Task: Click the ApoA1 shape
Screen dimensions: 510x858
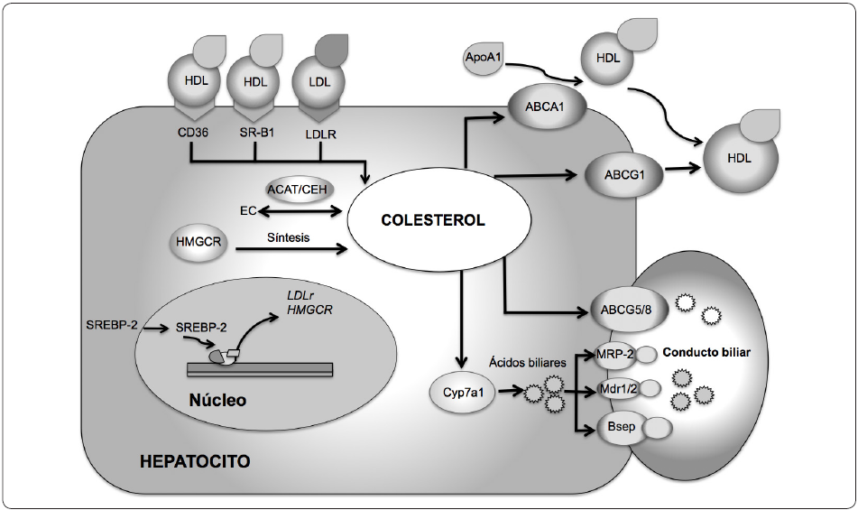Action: [x=485, y=57]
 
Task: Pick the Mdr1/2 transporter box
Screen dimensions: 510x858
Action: [x=617, y=389]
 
